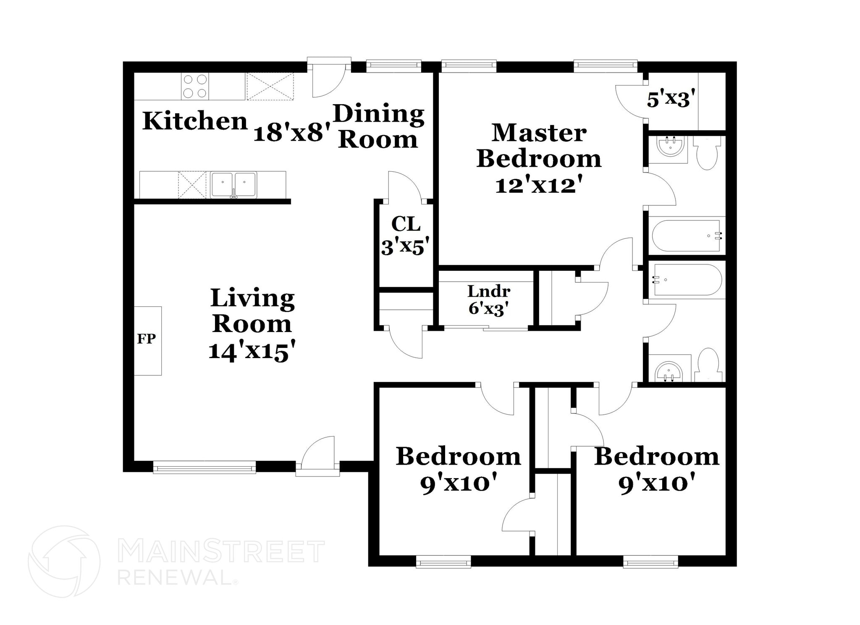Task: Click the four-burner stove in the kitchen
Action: click(x=195, y=86)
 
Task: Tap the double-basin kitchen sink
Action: click(x=233, y=184)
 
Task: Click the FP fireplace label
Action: click(x=147, y=339)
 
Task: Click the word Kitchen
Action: click(x=195, y=121)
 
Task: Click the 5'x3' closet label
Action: click(x=669, y=100)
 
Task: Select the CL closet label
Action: click(x=406, y=224)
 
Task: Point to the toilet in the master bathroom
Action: click(x=707, y=154)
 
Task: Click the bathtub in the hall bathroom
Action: click(x=687, y=279)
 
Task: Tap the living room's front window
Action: click(x=205, y=467)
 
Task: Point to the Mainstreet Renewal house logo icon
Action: click(x=64, y=561)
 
